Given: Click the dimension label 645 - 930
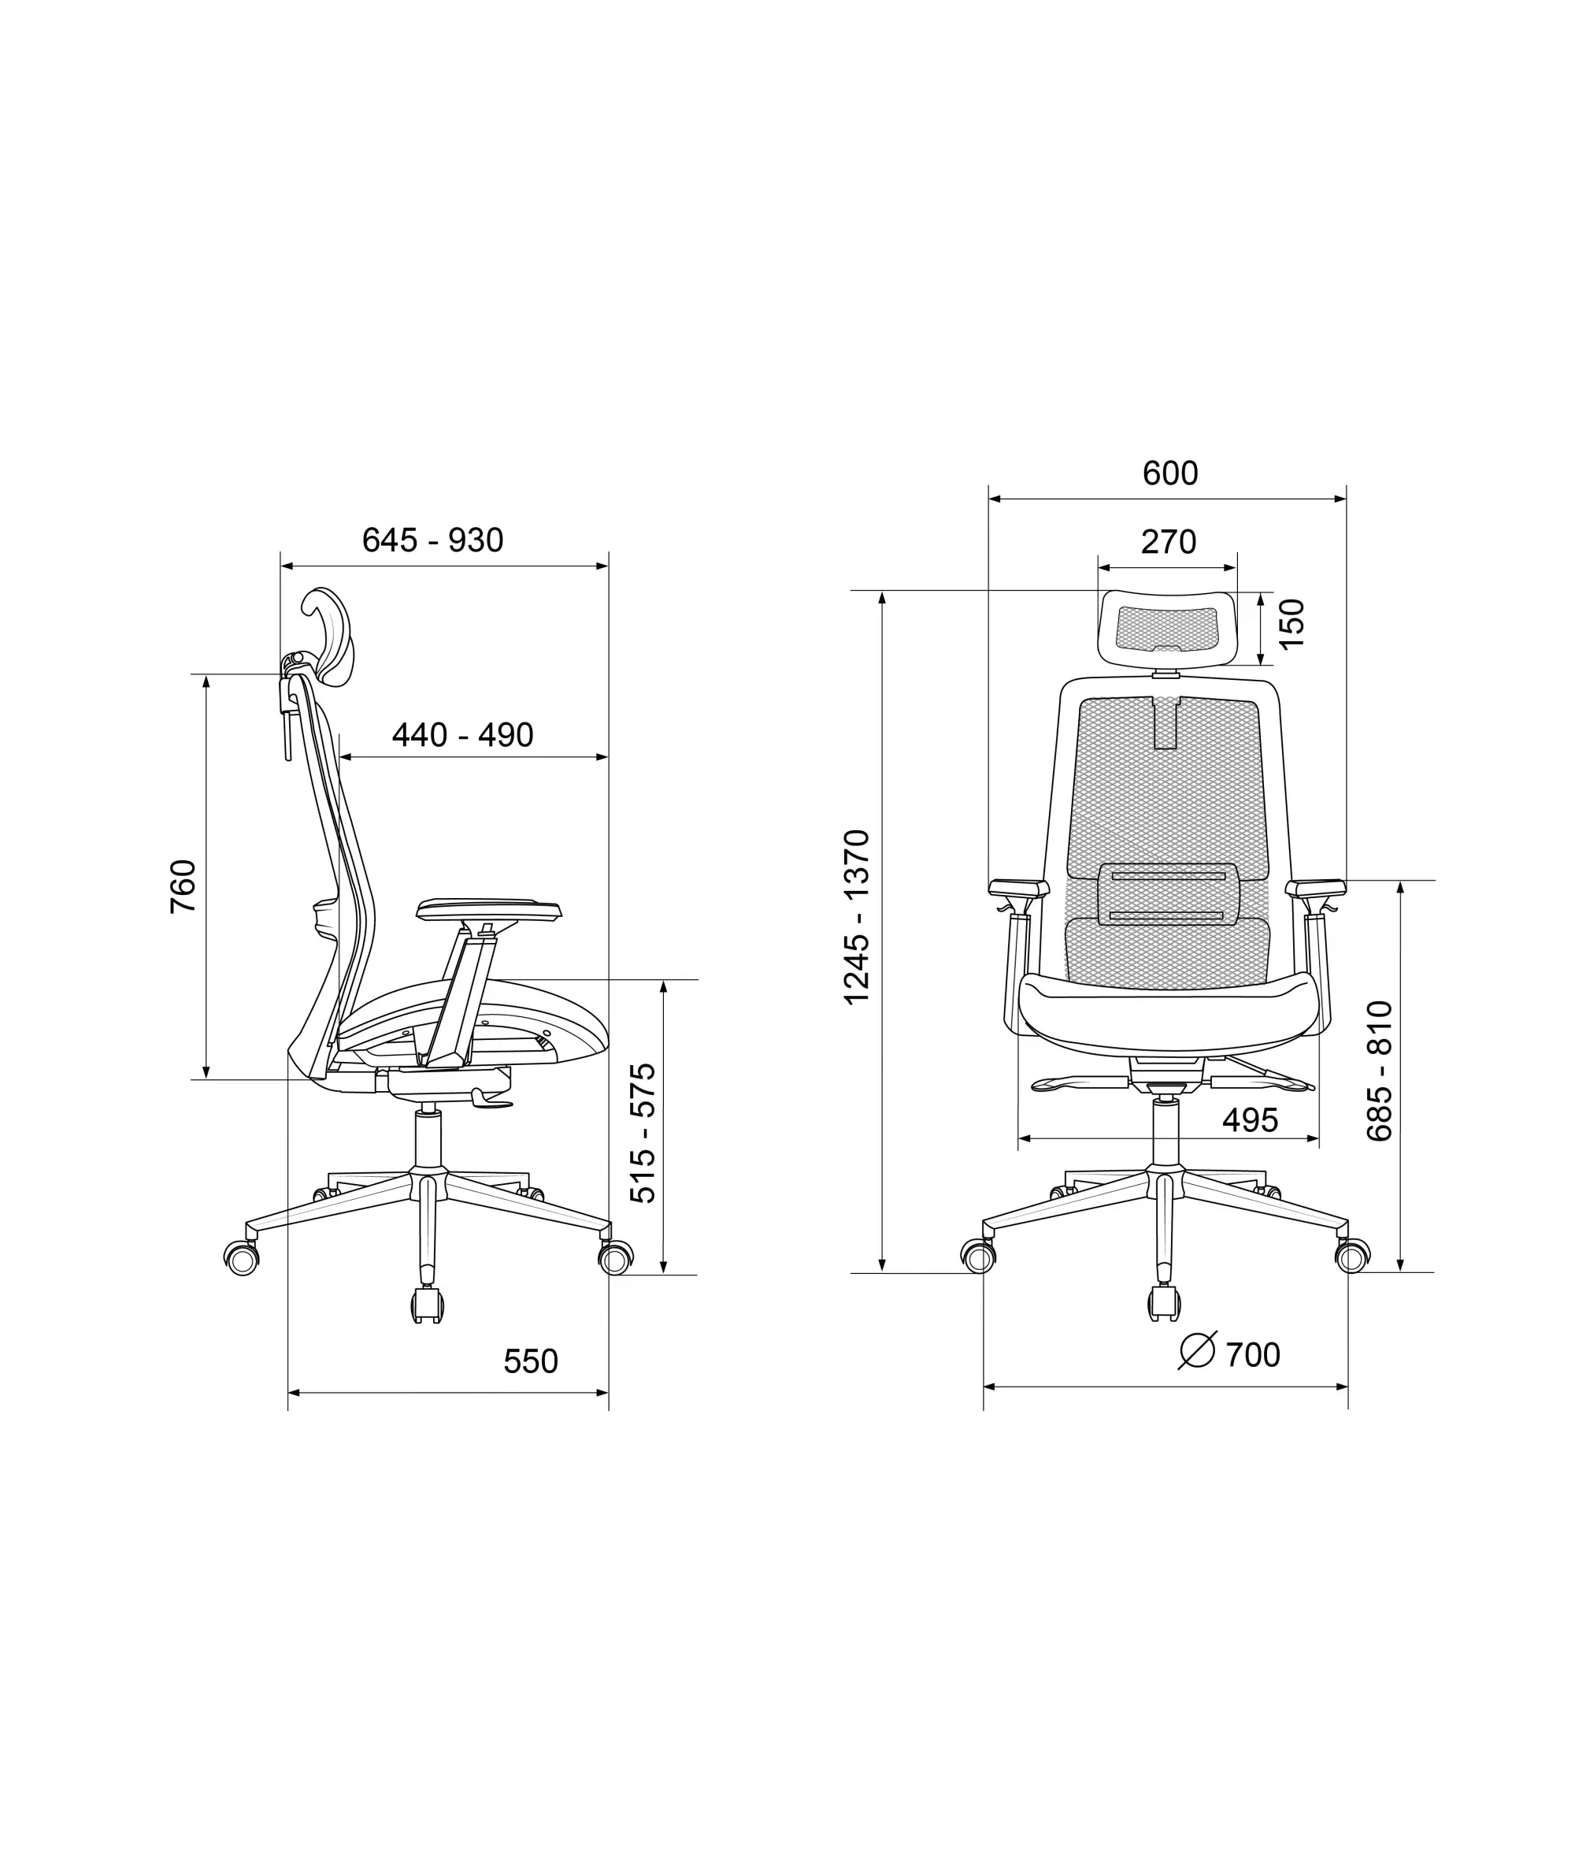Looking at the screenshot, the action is click(x=433, y=540).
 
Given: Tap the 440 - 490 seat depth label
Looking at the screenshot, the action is click(x=462, y=735).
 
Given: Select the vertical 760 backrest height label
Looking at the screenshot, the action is click(x=183, y=886).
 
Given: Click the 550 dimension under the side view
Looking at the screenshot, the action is click(x=530, y=1361).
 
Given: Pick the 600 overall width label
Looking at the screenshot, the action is click(x=1170, y=473).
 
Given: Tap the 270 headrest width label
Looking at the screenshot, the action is click(x=1169, y=542).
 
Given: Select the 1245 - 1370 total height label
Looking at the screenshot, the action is click(x=857, y=917).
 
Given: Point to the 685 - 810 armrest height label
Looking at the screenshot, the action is click(x=1380, y=1071).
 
